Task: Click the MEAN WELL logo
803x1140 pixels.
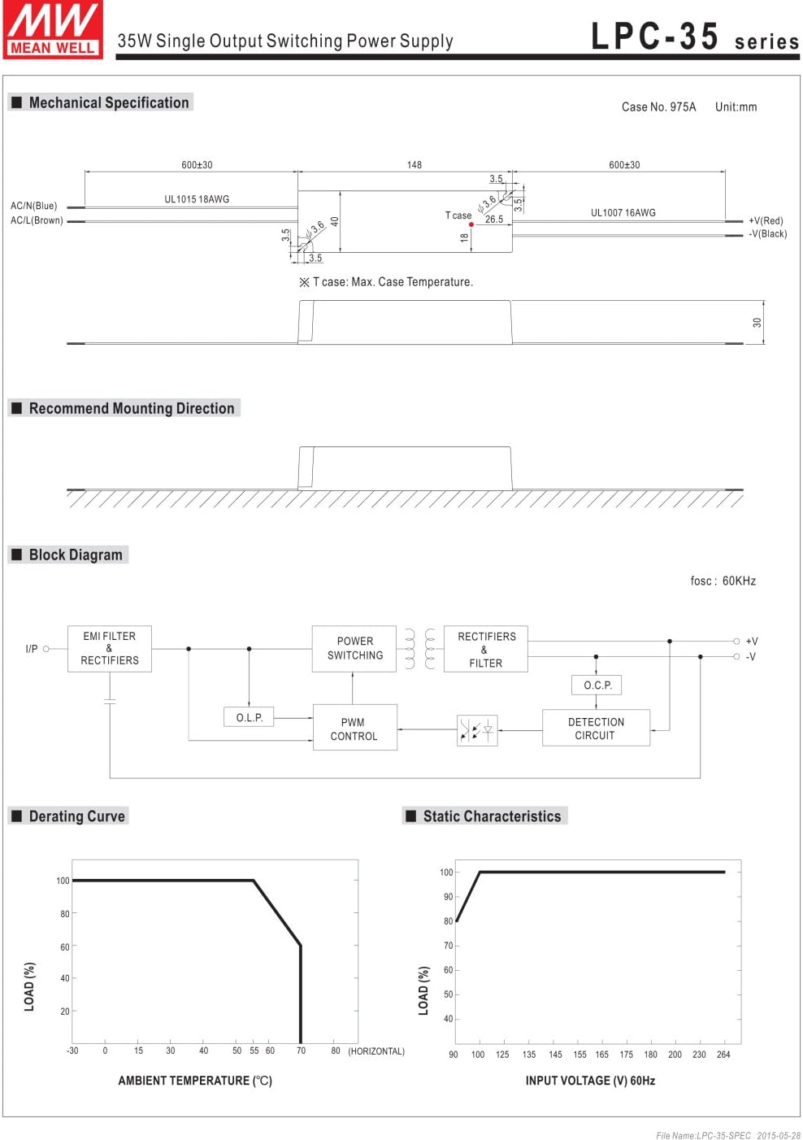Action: pos(53,29)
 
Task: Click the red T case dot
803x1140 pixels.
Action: pos(471,224)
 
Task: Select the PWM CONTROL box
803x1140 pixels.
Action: pos(354,727)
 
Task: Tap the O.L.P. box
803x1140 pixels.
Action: pos(249,717)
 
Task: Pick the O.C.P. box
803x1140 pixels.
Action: pos(596,685)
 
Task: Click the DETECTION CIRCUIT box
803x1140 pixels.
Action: pos(596,728)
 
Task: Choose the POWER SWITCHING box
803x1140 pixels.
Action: pos(354,648)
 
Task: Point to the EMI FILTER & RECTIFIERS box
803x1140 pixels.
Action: pos(110,648)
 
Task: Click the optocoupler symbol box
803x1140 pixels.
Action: pos(477,730)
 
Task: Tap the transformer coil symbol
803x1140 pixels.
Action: pos(420,648)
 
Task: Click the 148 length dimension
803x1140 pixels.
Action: pos(414,165)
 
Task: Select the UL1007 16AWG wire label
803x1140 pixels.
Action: pos(623,213)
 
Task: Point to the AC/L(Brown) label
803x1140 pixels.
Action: pos(37,220)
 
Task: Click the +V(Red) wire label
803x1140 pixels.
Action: pos(766,220)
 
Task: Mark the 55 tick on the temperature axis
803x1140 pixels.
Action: pos(254,1051)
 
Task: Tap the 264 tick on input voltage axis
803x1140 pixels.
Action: pos(723,1055)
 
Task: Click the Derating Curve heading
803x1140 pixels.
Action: pos(76,816)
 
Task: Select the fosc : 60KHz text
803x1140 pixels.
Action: pos(723,581)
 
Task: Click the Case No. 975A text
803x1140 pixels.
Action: pos(658,107)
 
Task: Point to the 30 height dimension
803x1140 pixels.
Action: pos(757,323)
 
